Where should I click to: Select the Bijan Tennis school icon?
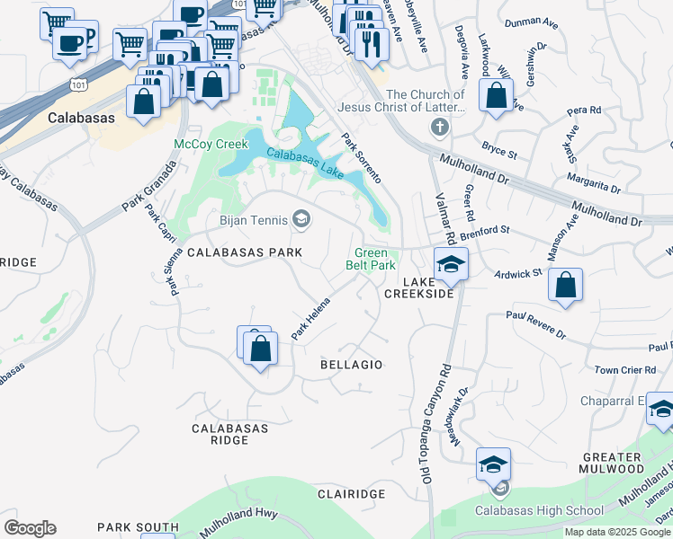click(301, 218)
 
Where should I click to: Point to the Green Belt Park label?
click(371, 260)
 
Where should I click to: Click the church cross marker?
click(439, 127)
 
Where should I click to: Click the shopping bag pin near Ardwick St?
click(565, 286)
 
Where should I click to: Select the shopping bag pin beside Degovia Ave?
click(496, 95)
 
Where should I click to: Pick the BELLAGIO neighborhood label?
click(352, 365)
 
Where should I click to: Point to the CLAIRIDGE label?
click(351, 494)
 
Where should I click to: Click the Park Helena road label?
click(310, 319)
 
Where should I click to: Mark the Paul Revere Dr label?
click(535, 324)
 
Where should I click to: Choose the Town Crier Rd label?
click(624, 370)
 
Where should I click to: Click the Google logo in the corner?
click(30, 528)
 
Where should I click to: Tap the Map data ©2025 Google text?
click(617, 532)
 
